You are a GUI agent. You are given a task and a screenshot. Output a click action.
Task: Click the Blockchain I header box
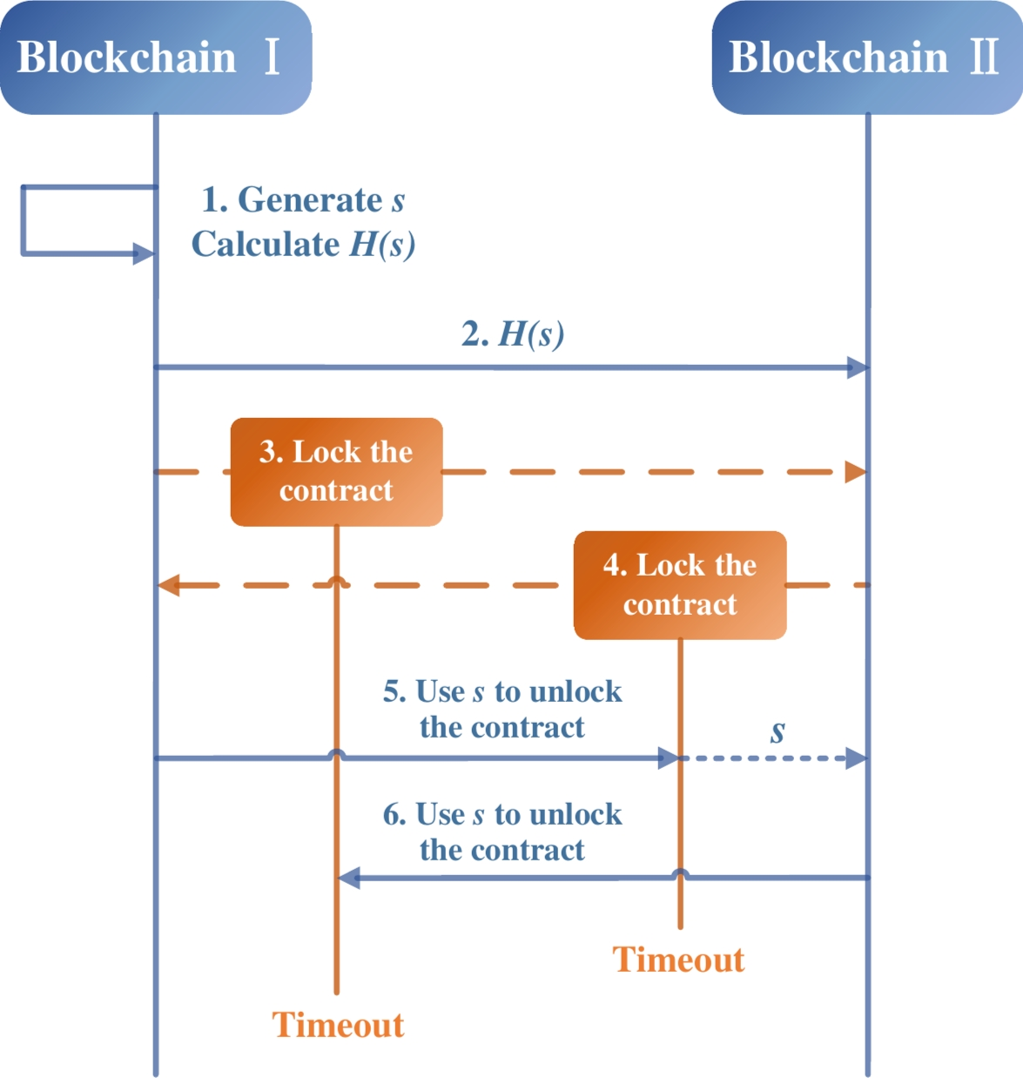[155, 57]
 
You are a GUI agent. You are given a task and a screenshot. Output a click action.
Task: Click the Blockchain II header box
[866, 57]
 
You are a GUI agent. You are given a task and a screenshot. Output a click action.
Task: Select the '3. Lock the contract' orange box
[336, 471]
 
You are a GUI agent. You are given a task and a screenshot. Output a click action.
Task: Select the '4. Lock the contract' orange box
[680, 585]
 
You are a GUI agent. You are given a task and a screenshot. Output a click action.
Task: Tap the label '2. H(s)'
[513, 334]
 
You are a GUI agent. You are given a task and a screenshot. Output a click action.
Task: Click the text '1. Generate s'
[303, 199]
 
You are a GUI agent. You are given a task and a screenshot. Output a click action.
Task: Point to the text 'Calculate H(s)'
[303, 244]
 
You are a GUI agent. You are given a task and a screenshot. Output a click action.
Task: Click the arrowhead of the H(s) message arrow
[858, 367]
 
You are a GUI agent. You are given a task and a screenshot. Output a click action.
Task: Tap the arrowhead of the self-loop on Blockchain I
[144, 254]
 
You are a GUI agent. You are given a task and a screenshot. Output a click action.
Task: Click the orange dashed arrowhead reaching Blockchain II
[856, 472]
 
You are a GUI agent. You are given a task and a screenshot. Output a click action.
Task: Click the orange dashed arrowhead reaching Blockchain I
[169, 585]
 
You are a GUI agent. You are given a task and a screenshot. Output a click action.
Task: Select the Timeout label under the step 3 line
[338, 1025]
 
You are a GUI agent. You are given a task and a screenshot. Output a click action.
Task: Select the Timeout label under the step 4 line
[679, 960]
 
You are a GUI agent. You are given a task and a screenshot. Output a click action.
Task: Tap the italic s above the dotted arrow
[777, 732]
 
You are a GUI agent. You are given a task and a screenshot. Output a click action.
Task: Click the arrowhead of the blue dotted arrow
[857, 758]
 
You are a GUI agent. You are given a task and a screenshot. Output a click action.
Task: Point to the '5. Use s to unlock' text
[502, 691]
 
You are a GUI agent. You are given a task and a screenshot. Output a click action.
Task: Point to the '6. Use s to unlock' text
[502, 814]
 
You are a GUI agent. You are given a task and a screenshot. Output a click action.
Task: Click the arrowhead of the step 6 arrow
[349, 878]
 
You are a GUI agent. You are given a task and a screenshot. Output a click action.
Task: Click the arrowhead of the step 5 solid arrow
[668, 758]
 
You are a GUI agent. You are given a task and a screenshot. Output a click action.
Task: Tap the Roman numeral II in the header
[985, 57]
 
